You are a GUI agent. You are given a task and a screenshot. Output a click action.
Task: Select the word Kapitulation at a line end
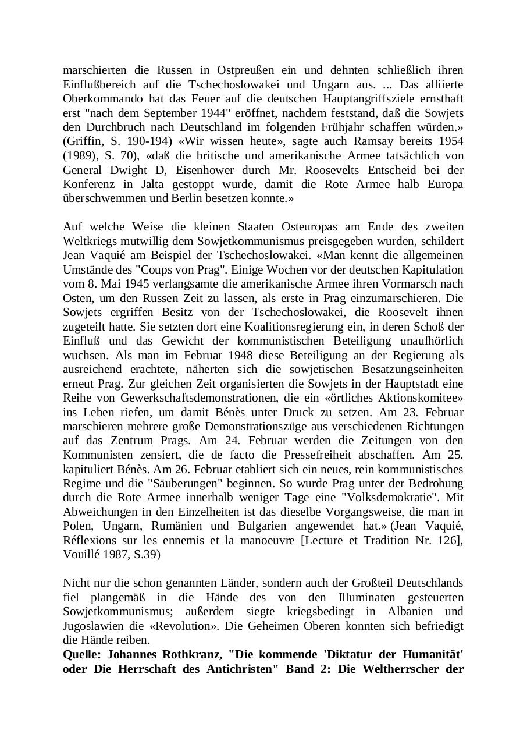tap(432, 269)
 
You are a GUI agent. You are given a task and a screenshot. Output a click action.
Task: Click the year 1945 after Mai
tap(135, 284)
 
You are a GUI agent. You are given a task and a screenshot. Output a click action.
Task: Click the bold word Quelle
tap(82, 654)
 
